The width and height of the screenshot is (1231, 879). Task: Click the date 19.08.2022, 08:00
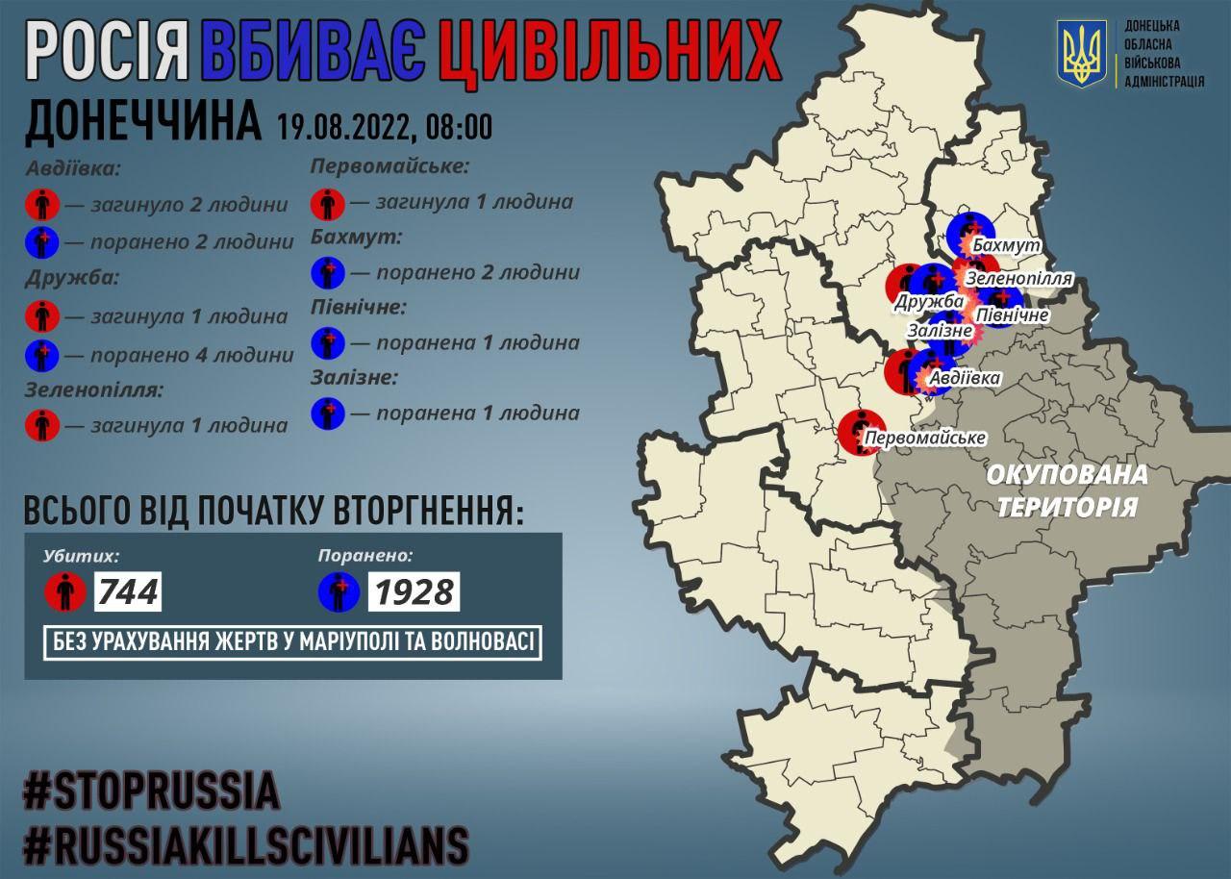pos(385,126)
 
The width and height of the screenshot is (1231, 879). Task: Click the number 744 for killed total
pos(127,591)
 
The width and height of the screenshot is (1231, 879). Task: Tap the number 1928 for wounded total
pos(414,591)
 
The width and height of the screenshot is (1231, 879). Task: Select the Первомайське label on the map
pos(925,439)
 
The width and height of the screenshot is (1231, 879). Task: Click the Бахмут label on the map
pos(1006,246)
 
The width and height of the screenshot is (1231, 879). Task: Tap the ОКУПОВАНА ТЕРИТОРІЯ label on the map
pos(1067,490)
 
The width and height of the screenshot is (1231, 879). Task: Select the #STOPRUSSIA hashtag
pos(151,791)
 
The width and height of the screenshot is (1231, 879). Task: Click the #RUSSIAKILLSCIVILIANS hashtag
pos(245,845)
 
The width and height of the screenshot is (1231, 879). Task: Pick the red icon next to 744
pos(65,591)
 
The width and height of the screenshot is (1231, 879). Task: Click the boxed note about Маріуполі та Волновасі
pos(292,642)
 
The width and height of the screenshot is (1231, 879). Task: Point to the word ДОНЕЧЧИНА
pos(142,123)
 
